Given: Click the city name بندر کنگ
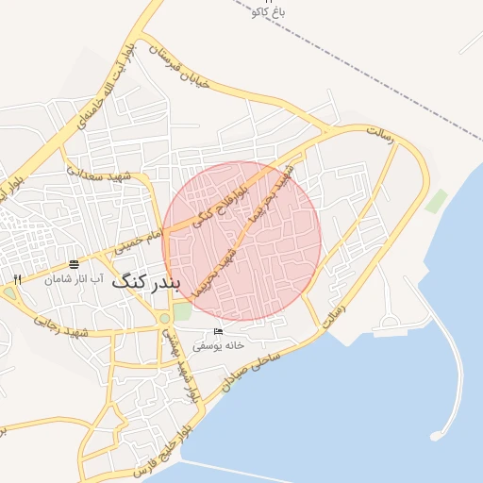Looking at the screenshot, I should (144, 282).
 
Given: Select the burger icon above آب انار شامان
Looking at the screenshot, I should (74, 264).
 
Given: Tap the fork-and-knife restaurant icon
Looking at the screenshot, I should (17, 279).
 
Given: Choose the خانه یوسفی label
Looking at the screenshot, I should (219, 345).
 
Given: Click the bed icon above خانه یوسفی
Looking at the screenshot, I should (219, 332).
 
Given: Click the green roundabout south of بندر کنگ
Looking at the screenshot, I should (165, 318).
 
